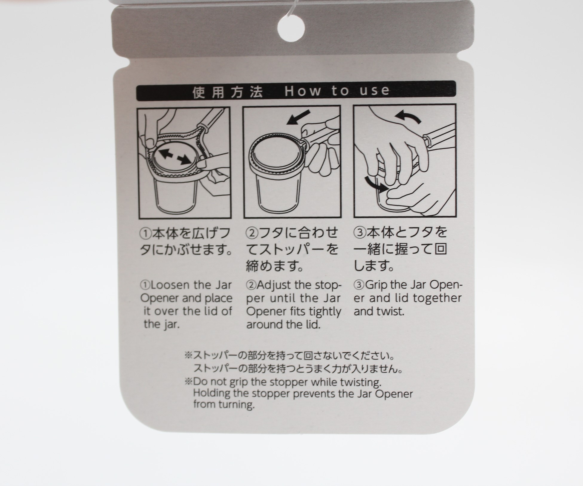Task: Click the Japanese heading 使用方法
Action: point(228,92)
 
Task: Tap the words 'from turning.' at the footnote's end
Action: point(224,405)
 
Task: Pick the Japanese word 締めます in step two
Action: point(275,265)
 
